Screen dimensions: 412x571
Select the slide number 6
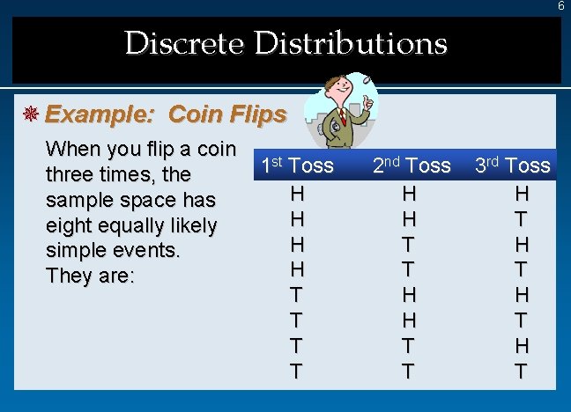(560, 6)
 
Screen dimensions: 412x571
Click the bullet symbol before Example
(29, 114)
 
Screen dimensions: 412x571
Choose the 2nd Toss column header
(411, 166)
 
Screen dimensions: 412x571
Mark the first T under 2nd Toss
(408, 243)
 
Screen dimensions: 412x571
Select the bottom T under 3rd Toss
(522, 372)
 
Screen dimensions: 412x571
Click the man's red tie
(343, 117)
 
